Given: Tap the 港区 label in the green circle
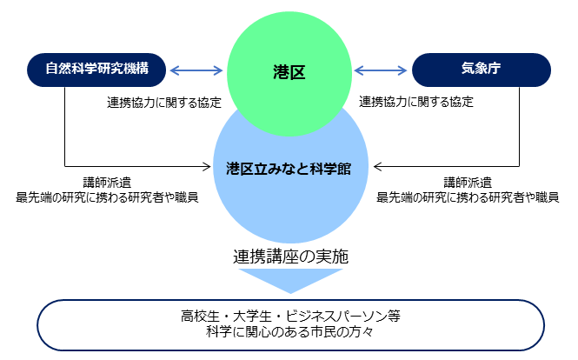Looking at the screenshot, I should (289, 72).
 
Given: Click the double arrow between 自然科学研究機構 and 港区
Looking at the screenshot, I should (197, 71).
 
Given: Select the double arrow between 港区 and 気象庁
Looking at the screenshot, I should (382, 71).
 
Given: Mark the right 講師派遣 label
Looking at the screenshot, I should (468, 183).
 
